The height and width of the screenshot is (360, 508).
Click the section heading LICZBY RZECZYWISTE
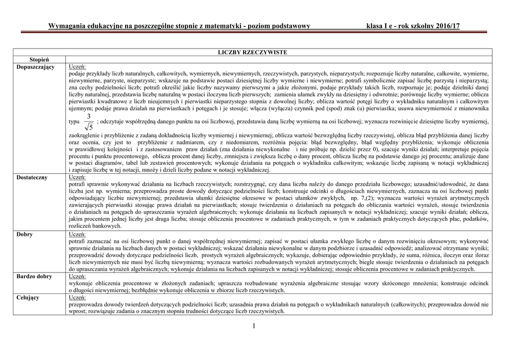click(253, 52)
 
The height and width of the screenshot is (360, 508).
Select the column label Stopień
click(39, 59)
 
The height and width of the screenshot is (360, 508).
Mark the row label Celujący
click(28, 297)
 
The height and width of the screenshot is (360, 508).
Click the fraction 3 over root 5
click(89, 122)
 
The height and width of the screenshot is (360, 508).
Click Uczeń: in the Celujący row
click(77, 297)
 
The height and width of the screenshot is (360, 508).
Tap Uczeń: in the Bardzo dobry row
click(77, 277)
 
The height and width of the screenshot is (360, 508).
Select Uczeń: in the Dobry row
click(77, 234)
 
